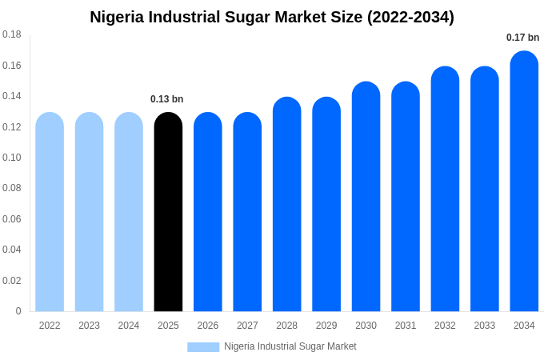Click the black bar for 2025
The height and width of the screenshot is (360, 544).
(x=168, y=212)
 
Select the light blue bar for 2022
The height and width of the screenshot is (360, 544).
(x=50, y=212)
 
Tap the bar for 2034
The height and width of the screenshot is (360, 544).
(x=524, y=182)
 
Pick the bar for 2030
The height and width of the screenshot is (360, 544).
(x=366, y=197)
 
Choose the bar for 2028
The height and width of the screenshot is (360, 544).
(x=286, y=204)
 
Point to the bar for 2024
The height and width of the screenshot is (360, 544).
(x=129, y=212)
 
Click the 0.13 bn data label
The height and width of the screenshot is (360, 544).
(x=166, y=99)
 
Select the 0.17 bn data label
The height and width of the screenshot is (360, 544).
(x=522, y=38)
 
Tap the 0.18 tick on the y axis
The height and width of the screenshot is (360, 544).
(x=12, y=34)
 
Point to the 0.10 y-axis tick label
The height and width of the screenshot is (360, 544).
(x=12, y=158)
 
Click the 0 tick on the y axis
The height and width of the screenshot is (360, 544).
(x=18, y=311)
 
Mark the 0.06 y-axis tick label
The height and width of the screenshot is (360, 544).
(x=12, y=219)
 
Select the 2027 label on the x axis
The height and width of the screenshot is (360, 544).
(x=247, y=326)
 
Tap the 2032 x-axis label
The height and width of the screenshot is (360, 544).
(x=445, y=326)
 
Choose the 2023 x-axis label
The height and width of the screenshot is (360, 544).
(x=89, y=326)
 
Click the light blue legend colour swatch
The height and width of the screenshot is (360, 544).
(x=203, y=347)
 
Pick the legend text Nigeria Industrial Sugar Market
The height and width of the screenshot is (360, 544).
(x=290, y=346)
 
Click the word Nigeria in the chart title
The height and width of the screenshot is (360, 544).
(x=118, y=17)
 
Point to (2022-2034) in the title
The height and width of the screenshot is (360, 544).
(x=410, y=17)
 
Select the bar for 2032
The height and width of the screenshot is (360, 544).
(x=445, y=189)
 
